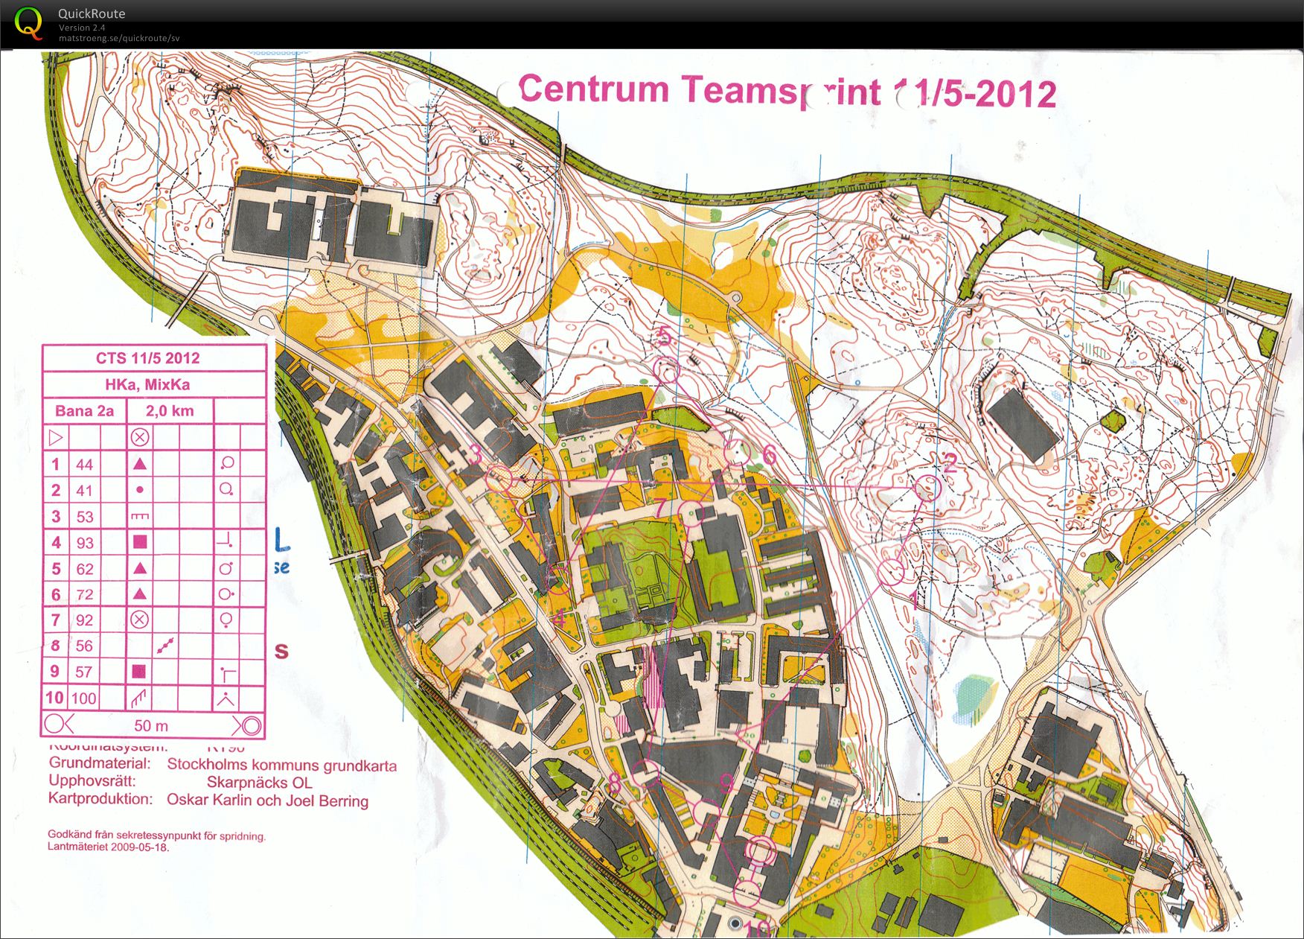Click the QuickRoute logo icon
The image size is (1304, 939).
click(x=28, y=22)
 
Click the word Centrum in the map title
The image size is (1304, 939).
click(x=593, y=89)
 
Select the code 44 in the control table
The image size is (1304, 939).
click(x=85, y=465)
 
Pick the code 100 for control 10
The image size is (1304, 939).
click(x=84, y=698)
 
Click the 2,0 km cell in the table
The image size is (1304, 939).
click(x=170, y=411)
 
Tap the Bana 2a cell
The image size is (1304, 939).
click(x=84, y=411)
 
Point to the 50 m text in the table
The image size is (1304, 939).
click(x=151, y=725)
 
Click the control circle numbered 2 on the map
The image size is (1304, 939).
click(x=927, y=488)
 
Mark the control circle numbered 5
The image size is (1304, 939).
click(x=666, y=369)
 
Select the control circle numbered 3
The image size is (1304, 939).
click(x=499, y=479)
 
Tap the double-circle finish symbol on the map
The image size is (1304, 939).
click(x=760, y=850)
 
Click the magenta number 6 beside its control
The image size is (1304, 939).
click(x=769, y=455)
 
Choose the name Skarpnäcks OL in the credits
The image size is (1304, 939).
click(x=259, y=783)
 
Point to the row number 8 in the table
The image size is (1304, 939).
click(x=55, y=646)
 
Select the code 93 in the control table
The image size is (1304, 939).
click(x=85, y=543)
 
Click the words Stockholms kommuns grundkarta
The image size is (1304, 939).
click(x=281, y=765)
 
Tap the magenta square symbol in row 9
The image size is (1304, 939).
click(x=139, y=672)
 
